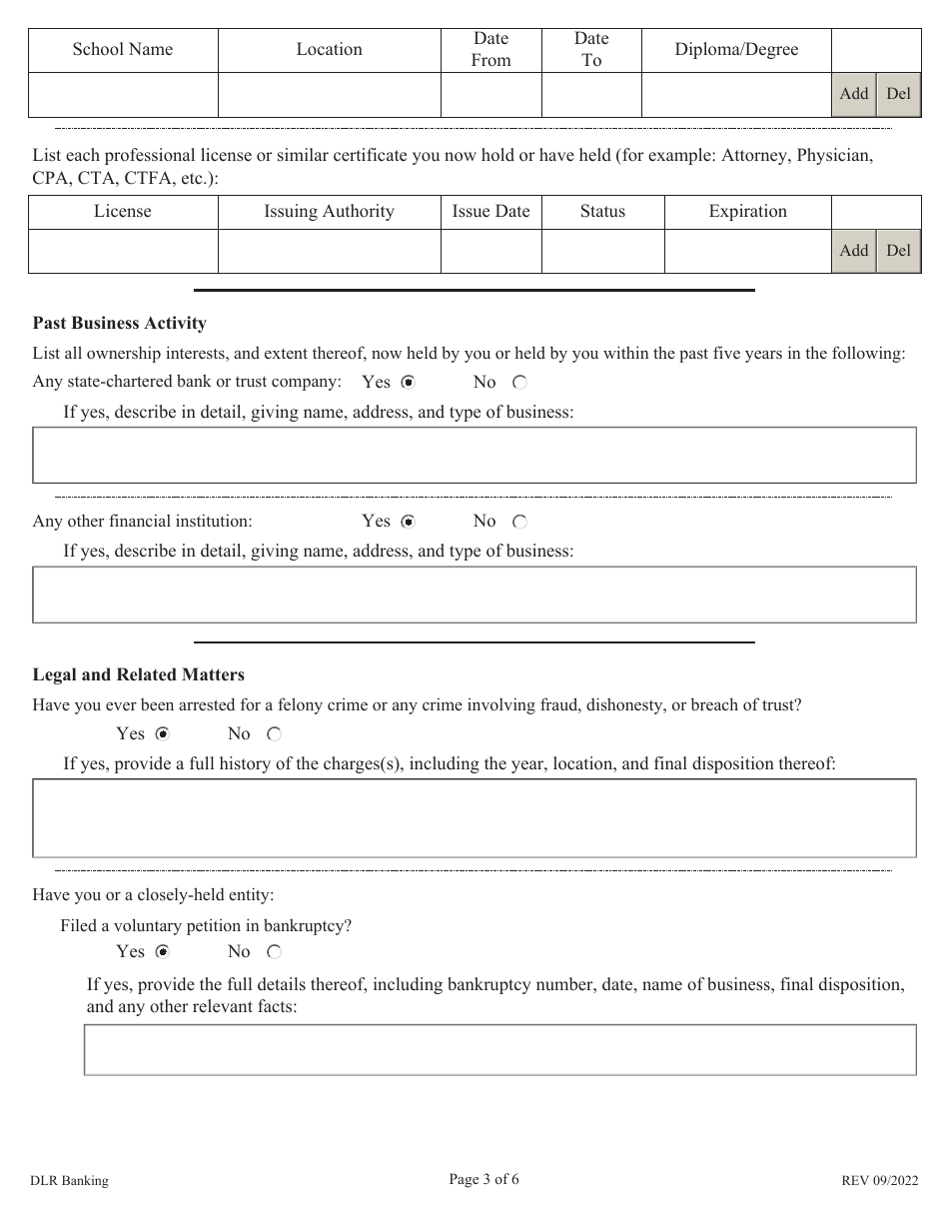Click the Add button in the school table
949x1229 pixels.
click(854, 94)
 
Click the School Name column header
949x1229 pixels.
click(123, 49)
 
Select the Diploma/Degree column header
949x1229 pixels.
click(736, 49)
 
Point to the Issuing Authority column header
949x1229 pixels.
click(329, 211)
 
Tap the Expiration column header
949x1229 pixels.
click(747, 211)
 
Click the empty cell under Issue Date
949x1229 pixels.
click(490, 251)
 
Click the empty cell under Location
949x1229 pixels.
click(329, 95)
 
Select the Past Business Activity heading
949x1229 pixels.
click(120, 323)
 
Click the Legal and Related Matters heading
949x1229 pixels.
click(139, 674)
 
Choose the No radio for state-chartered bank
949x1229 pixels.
click(519, 383)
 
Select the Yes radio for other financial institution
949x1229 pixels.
click(408, 522)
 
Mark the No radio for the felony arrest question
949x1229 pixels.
click(274, 734)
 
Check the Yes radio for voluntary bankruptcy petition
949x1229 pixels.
click(162, 952)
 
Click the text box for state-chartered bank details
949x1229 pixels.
click(474, 456)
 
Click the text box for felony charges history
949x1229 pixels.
click(474, 818)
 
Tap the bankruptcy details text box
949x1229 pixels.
click(499, 1049)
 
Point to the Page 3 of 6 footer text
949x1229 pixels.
click(483, 1179)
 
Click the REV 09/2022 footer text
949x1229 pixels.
click(878, 1181)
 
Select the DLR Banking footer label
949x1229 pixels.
click(70, 1181)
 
